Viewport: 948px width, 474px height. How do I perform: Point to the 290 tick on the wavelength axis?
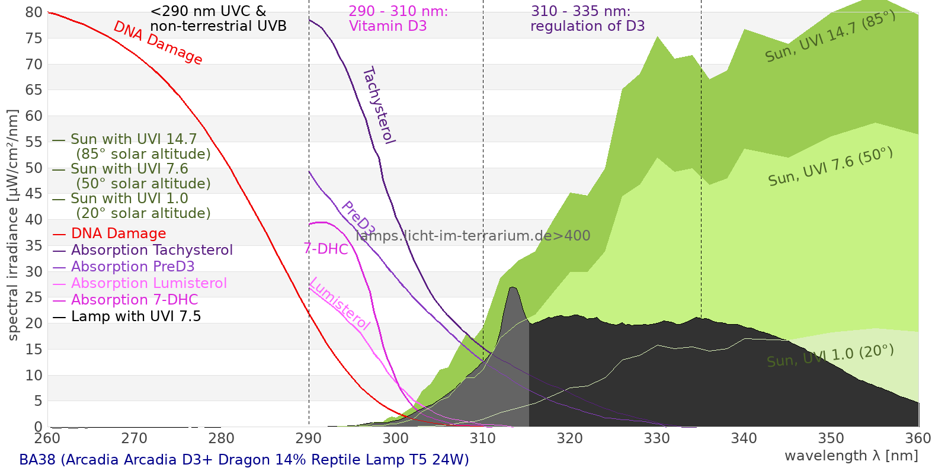(308, 438)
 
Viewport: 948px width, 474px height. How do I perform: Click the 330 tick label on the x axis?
(656, 438)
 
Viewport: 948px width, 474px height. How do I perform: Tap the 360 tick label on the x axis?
(918, 438)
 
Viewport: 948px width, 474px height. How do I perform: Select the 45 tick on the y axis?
(34, 194)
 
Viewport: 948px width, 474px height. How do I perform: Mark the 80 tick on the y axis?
(34, 12)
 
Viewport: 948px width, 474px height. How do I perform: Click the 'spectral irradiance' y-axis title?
(13, 225)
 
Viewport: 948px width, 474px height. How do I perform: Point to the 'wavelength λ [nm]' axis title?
(851, 456)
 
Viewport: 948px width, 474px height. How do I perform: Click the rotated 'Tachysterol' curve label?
(379, 105)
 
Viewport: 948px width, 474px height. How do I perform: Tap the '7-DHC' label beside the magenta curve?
(326, 249)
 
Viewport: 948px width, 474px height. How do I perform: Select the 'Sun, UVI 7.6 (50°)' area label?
(830, 167)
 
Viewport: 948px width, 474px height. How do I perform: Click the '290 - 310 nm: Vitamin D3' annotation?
(398, 19)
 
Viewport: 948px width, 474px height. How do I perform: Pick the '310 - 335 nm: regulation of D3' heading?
(587, 19)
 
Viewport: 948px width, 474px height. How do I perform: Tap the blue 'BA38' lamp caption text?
(244, 460)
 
